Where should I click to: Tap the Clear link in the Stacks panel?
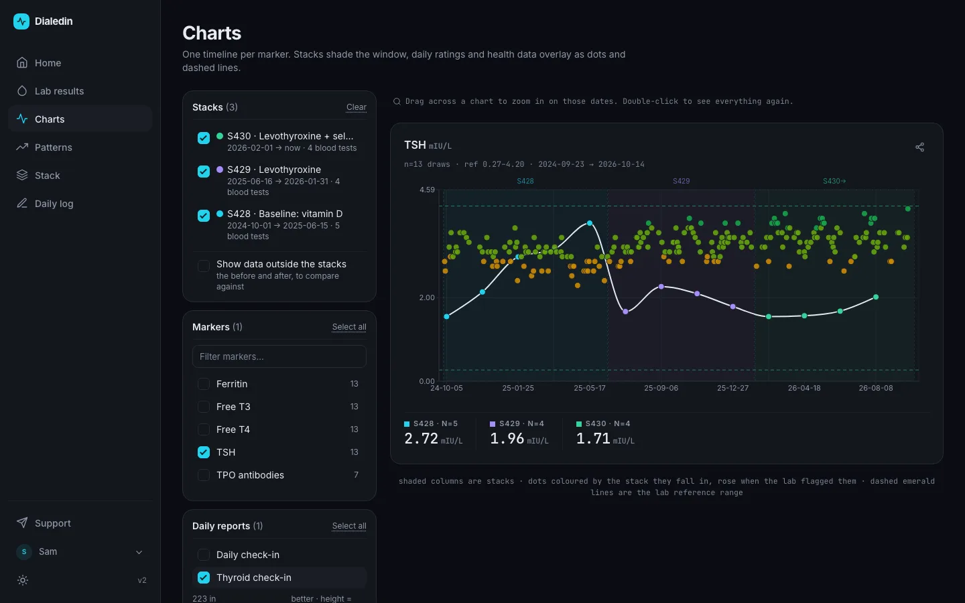(357, 107)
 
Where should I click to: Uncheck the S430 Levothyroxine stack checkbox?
(203, 138)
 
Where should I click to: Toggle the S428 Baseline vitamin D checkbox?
(203, 215)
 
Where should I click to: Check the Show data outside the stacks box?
(203, 266)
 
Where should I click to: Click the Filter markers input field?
(279, 356)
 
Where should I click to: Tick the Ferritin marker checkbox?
(203, 384)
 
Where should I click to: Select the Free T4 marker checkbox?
(203, 429)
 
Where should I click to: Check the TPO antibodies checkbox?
(203, 475)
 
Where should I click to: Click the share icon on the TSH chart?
(919, 147)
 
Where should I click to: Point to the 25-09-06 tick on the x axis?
(661, 388)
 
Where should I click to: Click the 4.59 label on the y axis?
(427, 190)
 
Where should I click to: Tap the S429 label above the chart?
(681, 181)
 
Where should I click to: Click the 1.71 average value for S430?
(593, 438)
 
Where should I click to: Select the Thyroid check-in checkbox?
(203, 578)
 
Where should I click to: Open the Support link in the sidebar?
(52, 523)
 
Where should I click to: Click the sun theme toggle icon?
(23, 580)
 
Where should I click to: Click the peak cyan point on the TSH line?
(589, 223)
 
